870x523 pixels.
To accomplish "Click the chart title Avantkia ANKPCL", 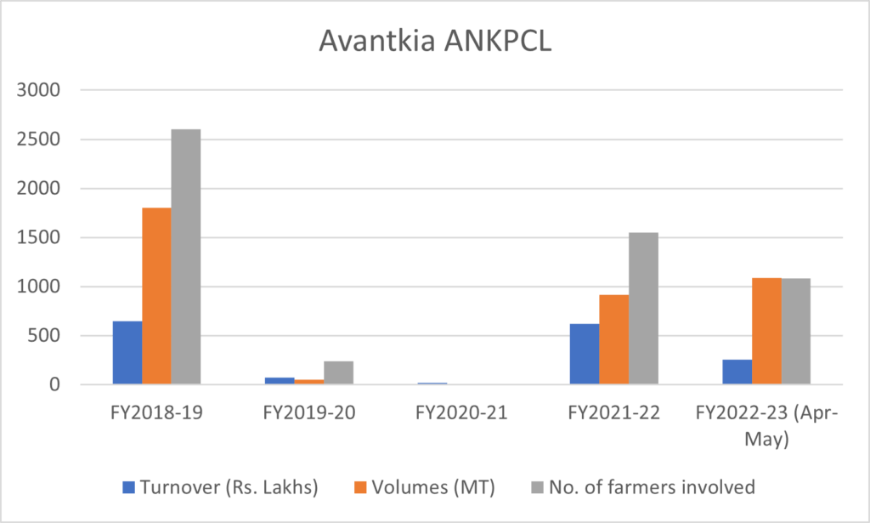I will pyautogui.click(x=435, y=42).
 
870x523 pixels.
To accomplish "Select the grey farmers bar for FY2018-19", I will pyautogui.click(x=185, y=257).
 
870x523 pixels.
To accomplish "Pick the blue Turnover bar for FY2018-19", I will pyautogui.click(x=127, y=353).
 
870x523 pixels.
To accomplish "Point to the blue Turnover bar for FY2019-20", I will pyautogui.click(x=280, y=381).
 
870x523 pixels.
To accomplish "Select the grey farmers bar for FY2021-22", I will pyautogui.click(x=643, y=309).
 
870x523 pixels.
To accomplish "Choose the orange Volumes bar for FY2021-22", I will pyautogui.click(x=614, y=339).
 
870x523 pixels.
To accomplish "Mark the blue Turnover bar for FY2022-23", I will pyautogui.click(x=737, y=372).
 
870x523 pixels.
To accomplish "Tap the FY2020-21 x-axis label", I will pyautogui.click(x=461, y=414).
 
